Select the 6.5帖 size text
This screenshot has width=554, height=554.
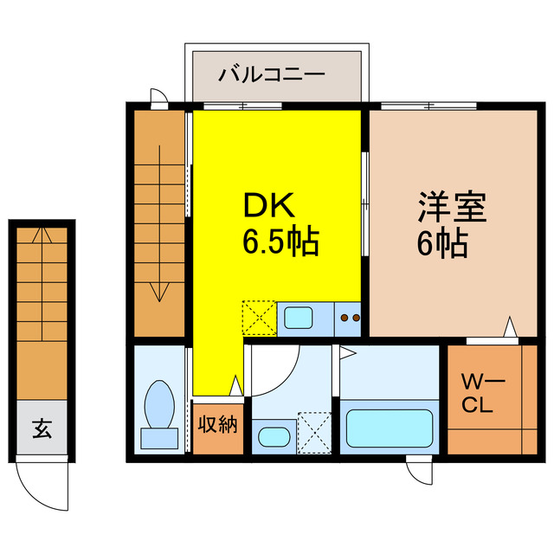click(280, 242)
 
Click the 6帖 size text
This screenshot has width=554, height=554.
click(442, 243)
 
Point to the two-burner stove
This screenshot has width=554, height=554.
click(350, 319)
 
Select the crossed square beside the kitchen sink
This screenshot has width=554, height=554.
click(258, 317)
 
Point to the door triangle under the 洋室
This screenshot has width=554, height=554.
click(511, 327)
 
